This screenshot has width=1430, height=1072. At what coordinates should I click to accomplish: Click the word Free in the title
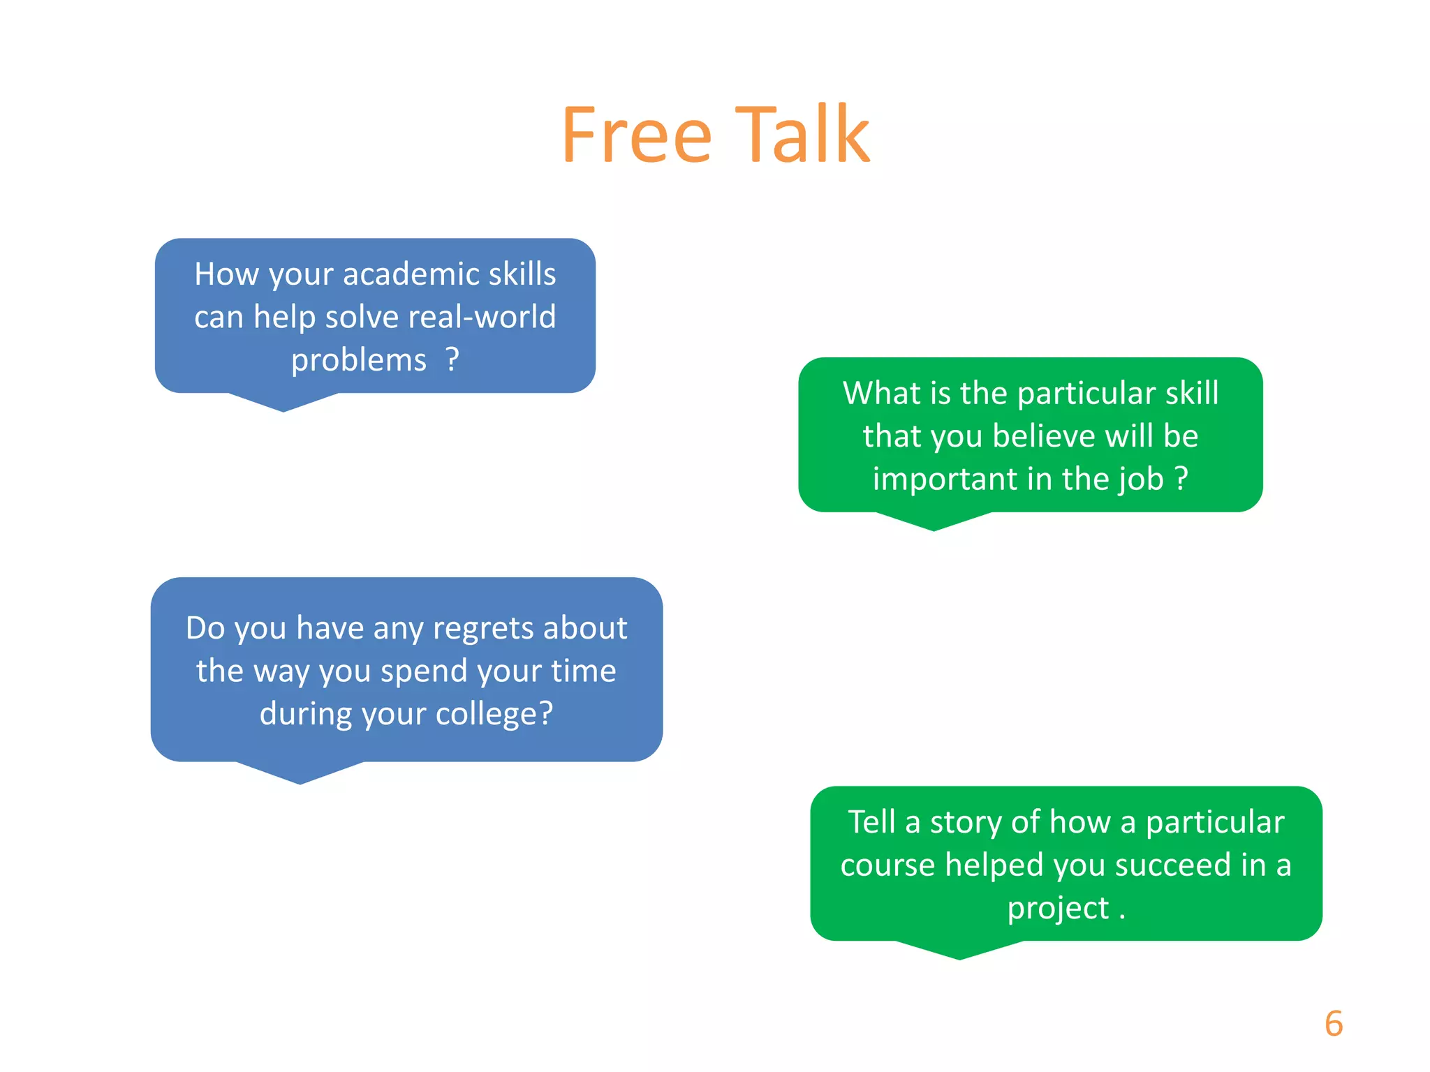636,134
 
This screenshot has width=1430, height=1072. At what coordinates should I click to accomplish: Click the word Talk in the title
802,134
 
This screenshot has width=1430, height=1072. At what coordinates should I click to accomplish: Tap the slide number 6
1333,1023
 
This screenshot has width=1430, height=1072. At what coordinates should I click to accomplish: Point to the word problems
358,361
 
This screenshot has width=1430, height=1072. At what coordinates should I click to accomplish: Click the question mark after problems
452,360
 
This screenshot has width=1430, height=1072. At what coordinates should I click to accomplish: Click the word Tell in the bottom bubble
871,822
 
